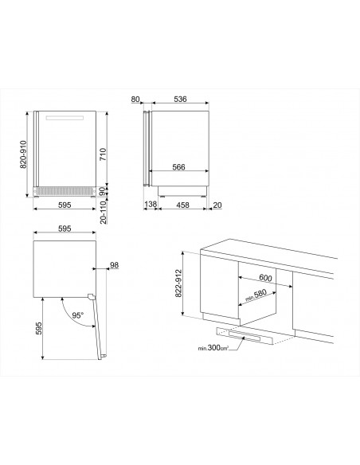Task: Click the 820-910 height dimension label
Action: (23, 154)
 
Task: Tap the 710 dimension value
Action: (103, 154)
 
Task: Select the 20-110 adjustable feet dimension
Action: (103, 212)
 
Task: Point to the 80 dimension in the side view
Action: (135, 99)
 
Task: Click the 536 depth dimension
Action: (180, 99)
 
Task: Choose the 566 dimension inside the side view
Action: (179, 167)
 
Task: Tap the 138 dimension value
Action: (151, 205)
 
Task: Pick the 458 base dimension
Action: (182, 205)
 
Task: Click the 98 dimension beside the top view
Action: (114, 265)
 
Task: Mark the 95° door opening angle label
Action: (78, 315)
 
